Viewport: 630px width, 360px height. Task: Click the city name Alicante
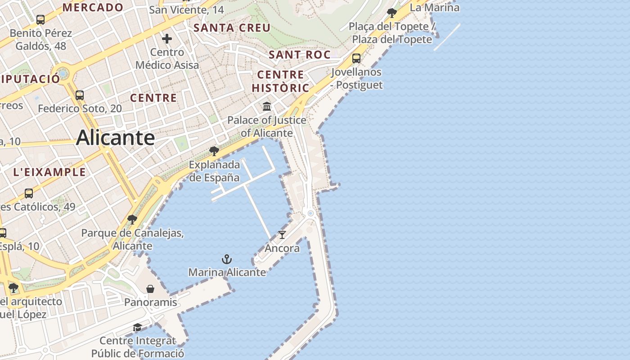116,138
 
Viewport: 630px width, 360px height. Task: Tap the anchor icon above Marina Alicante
227,259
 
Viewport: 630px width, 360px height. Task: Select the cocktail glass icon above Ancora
282,235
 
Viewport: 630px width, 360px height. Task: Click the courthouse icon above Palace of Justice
267,107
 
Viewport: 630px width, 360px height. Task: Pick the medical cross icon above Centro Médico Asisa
167,39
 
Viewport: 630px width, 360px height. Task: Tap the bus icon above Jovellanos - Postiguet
356,58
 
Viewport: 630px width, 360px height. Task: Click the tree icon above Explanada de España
214,151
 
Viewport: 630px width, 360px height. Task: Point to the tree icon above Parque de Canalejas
132,220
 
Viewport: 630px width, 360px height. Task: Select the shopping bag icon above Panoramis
150,289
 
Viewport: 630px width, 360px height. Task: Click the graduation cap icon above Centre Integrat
137,327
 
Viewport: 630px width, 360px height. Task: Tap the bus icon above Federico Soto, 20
80,95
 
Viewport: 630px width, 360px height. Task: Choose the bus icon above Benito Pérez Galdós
40,20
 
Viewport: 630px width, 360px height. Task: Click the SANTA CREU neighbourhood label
232,28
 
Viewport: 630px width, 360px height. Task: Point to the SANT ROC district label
299,55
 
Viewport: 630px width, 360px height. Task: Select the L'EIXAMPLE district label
49,172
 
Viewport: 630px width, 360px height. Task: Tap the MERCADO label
93,7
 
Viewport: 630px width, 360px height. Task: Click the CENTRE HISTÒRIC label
280,81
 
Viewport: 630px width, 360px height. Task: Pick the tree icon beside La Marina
392,13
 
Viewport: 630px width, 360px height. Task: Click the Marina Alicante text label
227,272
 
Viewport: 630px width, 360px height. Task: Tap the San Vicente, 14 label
186,9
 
